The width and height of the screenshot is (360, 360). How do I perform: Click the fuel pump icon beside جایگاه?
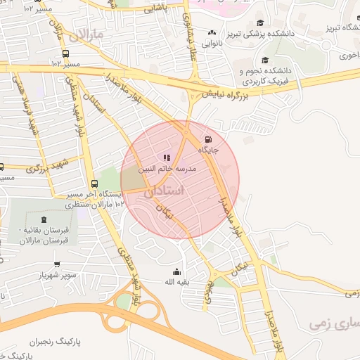click(207, 139)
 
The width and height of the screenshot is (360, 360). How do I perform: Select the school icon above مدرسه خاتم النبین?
click(167, 157)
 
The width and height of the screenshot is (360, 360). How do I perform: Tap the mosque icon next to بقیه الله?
click(176, 272)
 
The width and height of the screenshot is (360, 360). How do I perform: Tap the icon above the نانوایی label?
click(212, 32)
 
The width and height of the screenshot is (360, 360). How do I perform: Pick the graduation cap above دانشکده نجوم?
click(264, 60)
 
